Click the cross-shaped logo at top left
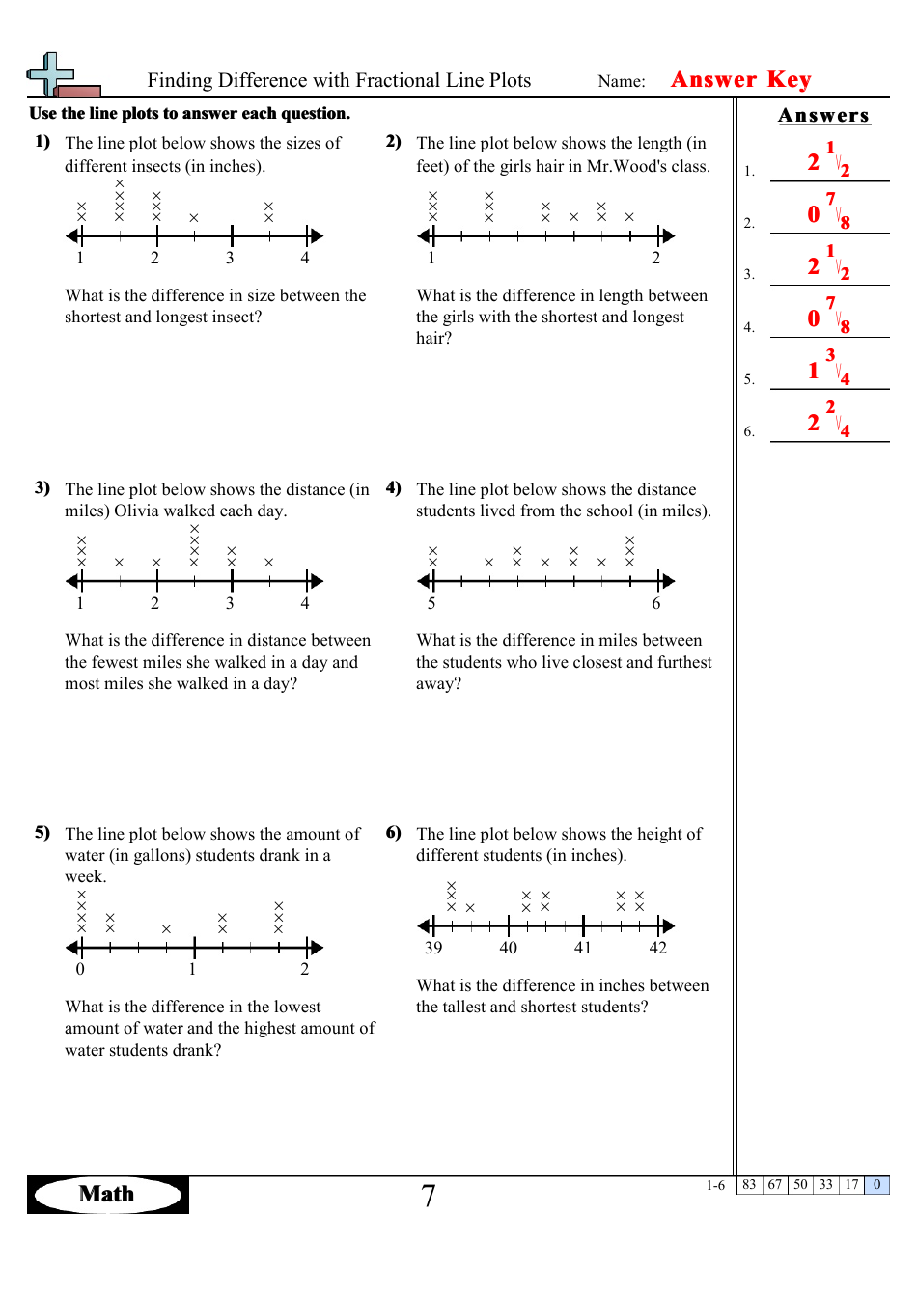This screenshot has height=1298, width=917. tap(54, 75)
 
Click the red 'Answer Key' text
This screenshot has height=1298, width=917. tap(740, 79)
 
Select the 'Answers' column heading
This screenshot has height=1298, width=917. tap(823, 116)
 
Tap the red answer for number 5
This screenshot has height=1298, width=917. tap(828, 368)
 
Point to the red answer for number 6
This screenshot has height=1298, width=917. tap(828, 420)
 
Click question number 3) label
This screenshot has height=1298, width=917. tap(42, 488)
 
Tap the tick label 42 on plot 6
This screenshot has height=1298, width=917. tap(657, 948)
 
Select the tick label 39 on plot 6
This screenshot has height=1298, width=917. tap(433, 948)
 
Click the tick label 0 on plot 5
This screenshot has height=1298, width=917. tap(80, 969)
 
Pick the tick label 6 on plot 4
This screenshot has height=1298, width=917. tap(656, 604)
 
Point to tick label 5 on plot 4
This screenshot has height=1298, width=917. tap(431, 604)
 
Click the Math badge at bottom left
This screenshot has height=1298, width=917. tap(107, 1194)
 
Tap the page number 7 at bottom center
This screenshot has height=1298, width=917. tap(429, 1196)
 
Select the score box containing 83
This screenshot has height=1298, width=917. tap(749, 1185)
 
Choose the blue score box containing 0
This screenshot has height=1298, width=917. tap(876, 1185)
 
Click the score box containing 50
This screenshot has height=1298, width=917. tap(800, 1185)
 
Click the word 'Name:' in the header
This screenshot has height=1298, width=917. tap(622, 81)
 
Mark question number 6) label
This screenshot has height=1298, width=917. tap(394, 833)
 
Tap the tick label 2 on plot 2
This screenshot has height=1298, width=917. tap(656, 258)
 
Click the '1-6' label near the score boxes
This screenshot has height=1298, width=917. tap(715, 1186)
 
